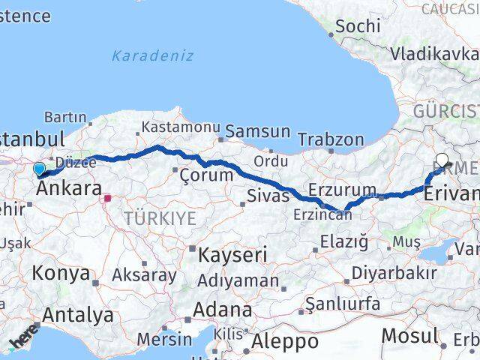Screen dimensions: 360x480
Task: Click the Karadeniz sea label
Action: pos(152,55)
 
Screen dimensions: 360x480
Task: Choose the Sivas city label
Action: pos(268,196)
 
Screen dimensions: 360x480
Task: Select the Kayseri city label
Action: pos(232,255)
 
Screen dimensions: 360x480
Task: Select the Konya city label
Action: pos(61,273)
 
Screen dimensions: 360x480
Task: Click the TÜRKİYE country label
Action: pos(160,218)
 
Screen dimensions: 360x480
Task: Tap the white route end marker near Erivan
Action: pos(442,159)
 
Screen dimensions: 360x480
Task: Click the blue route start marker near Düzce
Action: pos(39,168)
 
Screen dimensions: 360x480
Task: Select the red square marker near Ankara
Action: pos(108,199)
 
